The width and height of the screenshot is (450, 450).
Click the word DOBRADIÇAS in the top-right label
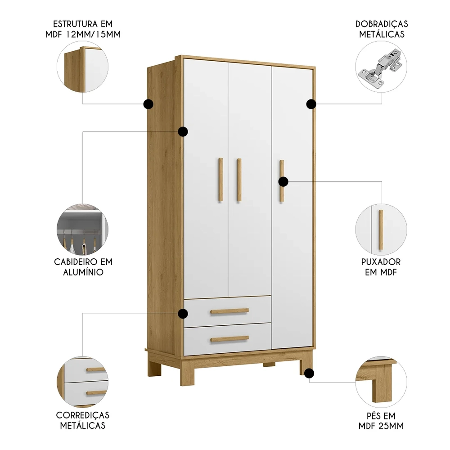click(381, 23)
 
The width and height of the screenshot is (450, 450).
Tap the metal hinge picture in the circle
click(381, 67)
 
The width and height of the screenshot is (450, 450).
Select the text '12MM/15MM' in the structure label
click(98, 34)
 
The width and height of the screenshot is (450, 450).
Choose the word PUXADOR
click(381, 261)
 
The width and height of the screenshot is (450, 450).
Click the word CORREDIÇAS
click(82, 415)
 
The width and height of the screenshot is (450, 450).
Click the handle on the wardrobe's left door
click(220, 180)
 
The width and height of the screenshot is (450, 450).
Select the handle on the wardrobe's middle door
click(239, 180)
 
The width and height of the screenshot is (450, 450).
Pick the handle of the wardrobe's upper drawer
click(229, 311)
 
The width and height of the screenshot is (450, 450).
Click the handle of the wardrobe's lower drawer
click(229, 339)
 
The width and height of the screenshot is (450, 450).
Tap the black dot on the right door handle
click(283, 181)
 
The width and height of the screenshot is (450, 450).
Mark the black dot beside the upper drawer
click(183, 314)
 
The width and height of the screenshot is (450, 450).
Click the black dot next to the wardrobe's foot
click(309, 373)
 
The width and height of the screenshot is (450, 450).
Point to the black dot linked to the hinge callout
click(311, 104)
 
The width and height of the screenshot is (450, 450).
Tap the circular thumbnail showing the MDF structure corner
click(82, 67)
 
